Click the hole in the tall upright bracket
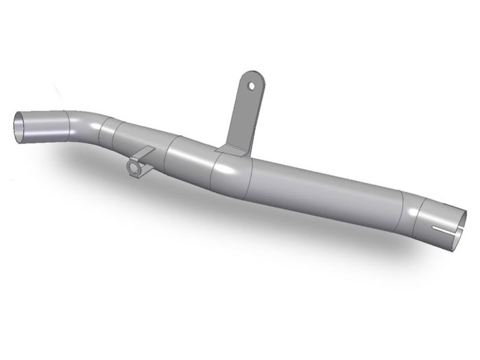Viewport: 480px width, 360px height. tap(252, 86)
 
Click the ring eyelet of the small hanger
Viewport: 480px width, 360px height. tap(134, 167)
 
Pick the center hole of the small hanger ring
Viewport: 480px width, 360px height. tap(134, 167)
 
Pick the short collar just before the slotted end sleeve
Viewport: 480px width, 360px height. tap(409, 214)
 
